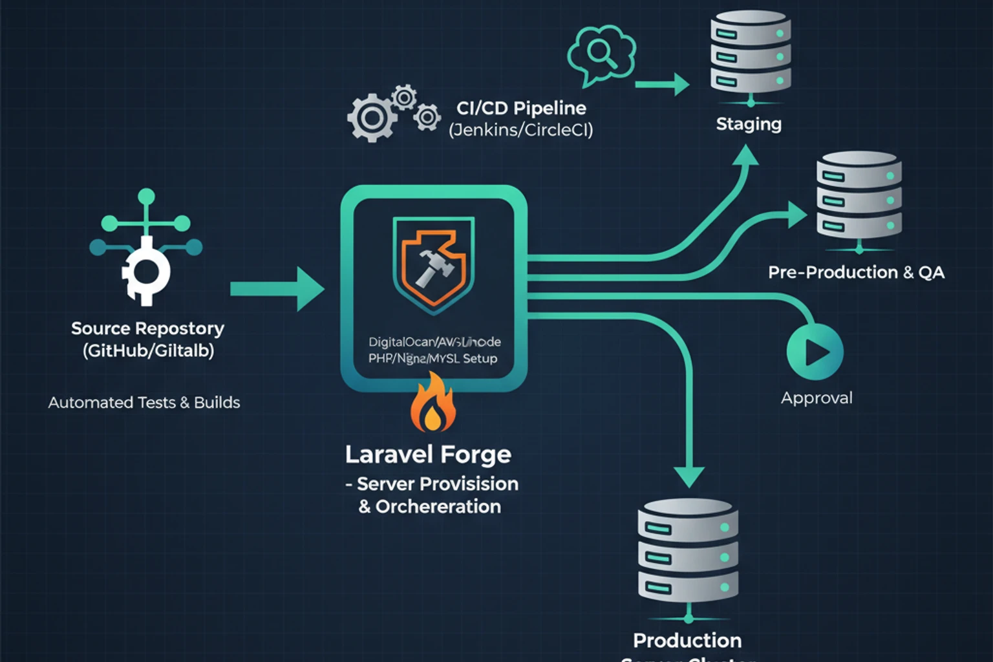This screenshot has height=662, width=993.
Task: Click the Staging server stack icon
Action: [x=751, y=54]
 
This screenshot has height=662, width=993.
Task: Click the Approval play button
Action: [x=815, y=352]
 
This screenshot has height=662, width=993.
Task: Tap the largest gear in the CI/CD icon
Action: [x=371, y=118]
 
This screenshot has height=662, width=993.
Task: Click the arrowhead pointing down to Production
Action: [x=689, y=475]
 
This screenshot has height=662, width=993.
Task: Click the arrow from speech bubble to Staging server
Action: [x=662, y=84]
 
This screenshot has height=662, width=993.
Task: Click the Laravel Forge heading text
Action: [x=428, y=454]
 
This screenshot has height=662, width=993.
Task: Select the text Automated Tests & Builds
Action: [x=144, y=402]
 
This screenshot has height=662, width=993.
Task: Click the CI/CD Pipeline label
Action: [x=521, y=108]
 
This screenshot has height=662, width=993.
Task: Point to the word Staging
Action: [x=749, y=123]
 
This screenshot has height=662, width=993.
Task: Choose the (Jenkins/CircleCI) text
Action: [x=520, y=130]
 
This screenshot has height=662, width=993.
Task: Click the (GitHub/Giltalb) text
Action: [x=148, y=350]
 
